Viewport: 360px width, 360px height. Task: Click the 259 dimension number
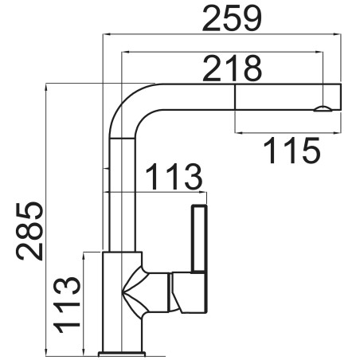[232, 18]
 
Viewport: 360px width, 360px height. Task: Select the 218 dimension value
[233, 68]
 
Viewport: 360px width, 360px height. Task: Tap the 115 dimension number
[292, 151]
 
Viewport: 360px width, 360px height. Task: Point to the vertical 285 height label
[29, 231]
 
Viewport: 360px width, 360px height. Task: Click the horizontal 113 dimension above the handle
[174, 177]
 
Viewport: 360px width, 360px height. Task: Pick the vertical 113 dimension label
[67, 305]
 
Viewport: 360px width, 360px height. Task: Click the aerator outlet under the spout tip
[323, 109]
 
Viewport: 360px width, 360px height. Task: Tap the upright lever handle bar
[199, 239]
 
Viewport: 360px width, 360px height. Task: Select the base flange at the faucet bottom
[122, 354]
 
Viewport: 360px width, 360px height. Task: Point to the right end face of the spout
[341, 96]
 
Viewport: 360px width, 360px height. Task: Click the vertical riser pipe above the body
[122, 194]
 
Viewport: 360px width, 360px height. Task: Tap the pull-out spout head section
[288, 96]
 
